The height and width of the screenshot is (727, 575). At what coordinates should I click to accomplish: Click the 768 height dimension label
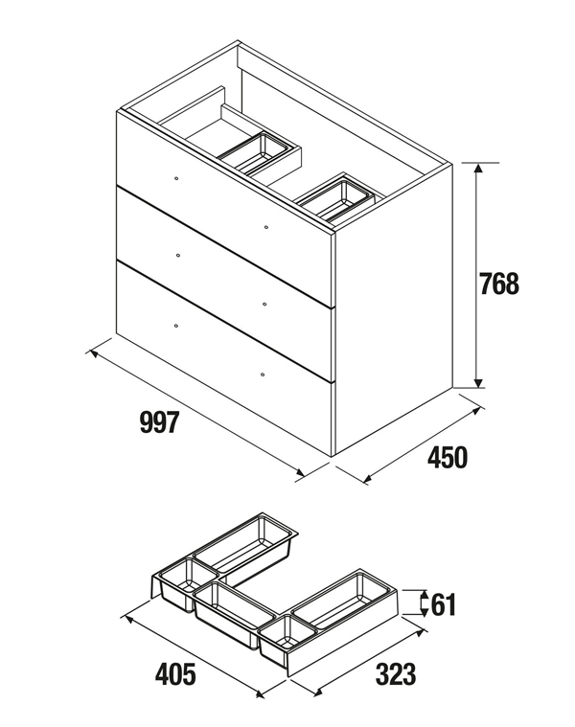(x=499, y=284)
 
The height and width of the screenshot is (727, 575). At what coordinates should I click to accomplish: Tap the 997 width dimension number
(x=159, y=422)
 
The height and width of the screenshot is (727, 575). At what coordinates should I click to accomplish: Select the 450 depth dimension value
(x=448, y=457)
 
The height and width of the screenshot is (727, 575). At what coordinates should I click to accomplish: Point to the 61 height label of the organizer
(x=444, y=604)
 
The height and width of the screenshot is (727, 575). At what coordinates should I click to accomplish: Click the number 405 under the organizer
(x=175, y=673)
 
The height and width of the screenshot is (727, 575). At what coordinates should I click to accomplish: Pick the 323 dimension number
(x=396, y=673)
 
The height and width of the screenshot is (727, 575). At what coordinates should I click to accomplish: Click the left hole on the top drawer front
(x=176, y=178)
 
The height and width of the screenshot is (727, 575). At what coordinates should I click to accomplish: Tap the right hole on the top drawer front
(x=265, y=227)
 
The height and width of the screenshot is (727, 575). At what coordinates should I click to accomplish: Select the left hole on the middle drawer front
(x=178, y=256)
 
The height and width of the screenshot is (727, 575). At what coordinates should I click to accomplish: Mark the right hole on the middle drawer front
(x=264, y=305)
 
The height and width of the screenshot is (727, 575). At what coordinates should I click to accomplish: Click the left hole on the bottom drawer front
(x=175, y=326)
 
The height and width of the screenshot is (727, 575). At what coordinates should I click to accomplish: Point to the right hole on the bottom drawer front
(x=263, y=375)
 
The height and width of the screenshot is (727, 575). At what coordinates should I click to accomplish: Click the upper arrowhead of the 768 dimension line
(x=478, y=168)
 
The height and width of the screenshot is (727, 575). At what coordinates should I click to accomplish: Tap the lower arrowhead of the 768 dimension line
(x=478, y=382)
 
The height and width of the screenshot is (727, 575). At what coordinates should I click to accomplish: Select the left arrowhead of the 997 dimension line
(x=94, y=354)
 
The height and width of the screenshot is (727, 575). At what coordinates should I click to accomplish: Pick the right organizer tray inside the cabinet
(x=334, y=198)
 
